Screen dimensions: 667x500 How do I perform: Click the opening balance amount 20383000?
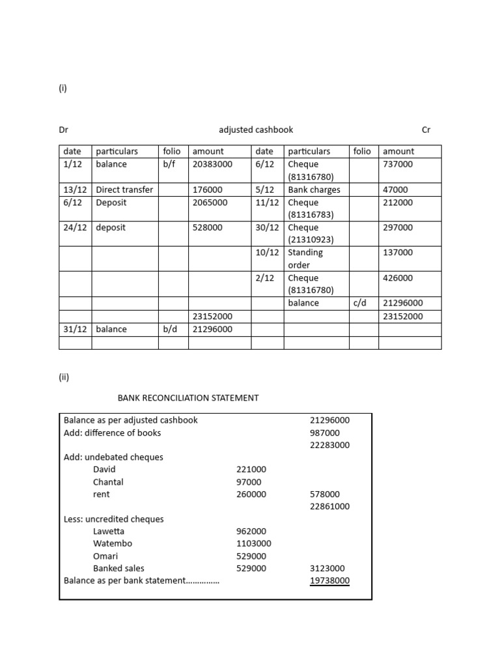coord(212,164)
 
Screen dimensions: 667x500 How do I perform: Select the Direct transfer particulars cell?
coord(124,190)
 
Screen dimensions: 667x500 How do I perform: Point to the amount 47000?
coord(395,190)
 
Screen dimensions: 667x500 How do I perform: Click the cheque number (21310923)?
coord(311,240)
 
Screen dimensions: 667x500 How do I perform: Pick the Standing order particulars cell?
coord(305,259)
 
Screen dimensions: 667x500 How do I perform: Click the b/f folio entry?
coord(169,164)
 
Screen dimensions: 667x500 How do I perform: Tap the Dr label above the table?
coord(64,130)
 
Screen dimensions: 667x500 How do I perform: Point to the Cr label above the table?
coord(426,130)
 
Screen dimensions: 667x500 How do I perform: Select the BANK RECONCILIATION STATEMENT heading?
coord(187,397)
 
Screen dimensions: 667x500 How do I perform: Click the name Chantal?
coord(108,482)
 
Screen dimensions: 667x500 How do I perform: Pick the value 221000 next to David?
coord(251,469)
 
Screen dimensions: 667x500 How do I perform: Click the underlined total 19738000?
coord(329,580)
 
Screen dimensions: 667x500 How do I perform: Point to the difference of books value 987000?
coord(324,433)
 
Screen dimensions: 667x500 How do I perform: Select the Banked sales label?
coord(118,568)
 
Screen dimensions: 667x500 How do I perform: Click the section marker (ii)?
coord(64,376)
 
